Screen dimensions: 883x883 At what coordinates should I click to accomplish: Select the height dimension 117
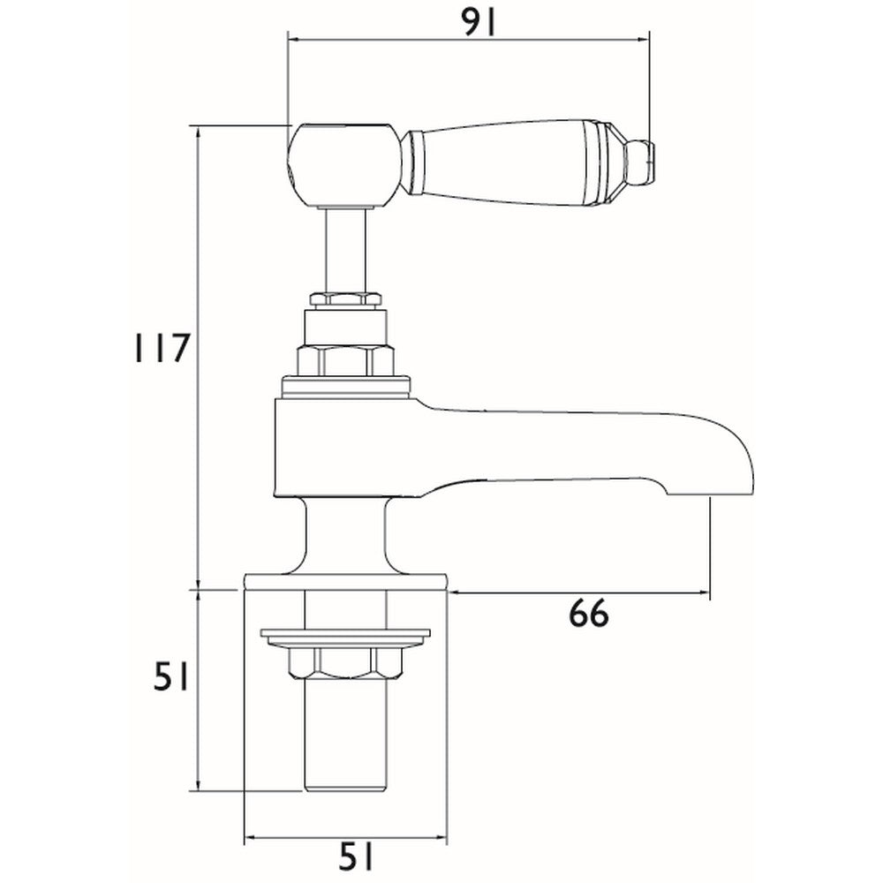point(155,349)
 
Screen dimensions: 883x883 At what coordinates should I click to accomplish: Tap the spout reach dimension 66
point(589,613)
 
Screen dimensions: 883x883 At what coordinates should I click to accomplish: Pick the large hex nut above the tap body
point(343,361)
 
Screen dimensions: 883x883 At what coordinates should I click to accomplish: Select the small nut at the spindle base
point(343,301)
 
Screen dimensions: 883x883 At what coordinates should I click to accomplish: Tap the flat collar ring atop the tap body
point(345,385)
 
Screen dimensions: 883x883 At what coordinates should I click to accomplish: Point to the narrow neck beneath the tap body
point(345,539)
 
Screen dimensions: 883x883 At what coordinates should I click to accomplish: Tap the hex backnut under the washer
point(345,662)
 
